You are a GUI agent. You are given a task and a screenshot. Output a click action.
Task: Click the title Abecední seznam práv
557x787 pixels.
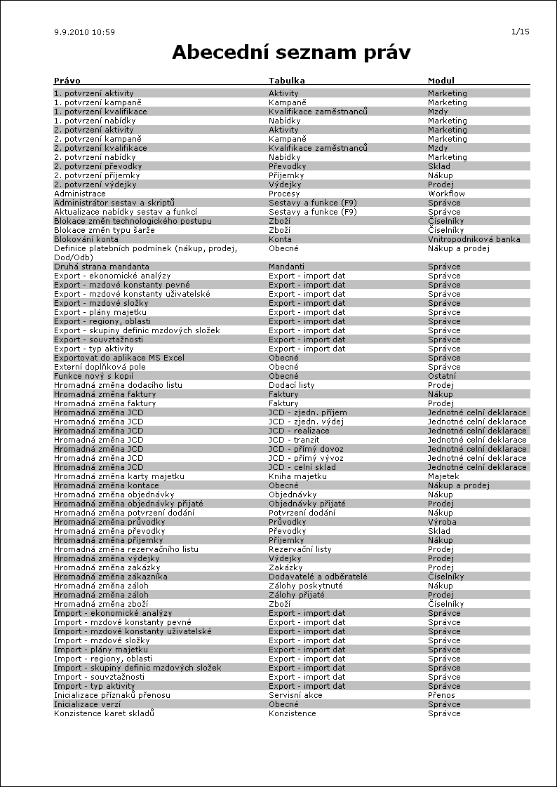(x=291, y=53)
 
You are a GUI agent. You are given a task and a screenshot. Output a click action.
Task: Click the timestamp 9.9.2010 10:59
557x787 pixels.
(x=84, y=32)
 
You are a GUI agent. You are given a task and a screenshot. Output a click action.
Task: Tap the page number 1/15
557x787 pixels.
(x=521, y=32)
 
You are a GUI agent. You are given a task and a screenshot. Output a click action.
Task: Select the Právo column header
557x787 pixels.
(x=67, y=81)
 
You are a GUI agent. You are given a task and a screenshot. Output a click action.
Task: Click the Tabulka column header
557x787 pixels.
(x=287, y=81)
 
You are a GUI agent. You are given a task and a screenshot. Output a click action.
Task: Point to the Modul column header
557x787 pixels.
(x=441, y=81)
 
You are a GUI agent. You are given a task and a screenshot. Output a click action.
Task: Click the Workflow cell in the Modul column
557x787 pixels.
(x=447, y=194)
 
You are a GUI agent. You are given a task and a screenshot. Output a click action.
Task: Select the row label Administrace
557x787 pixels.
(x=80, y=194)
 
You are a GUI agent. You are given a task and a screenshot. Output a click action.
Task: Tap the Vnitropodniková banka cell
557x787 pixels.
(x=474, y=239)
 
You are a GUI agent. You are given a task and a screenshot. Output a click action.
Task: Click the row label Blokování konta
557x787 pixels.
(x=86, y=239)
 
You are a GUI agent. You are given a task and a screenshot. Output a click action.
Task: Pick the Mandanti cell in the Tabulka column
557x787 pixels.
(x=286, y=267)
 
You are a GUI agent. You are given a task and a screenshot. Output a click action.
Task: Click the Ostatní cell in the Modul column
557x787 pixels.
(x=443, y=376)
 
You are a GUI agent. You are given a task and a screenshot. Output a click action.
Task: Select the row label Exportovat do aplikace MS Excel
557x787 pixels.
(x=119, y=358)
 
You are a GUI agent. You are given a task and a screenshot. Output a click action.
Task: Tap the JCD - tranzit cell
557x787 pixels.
(x=294, y=440)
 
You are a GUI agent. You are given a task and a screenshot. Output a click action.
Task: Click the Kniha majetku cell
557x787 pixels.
(x=297, y=476)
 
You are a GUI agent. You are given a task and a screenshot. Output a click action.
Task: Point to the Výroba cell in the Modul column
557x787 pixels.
(x=443, y=522)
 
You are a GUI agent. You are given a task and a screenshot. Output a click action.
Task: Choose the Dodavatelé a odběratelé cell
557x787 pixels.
(x=318, y=577)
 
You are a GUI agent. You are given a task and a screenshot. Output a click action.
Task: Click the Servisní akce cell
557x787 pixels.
(x=295, y=695)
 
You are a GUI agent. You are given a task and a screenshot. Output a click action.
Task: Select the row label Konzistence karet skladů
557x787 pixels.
(x=104, y=713)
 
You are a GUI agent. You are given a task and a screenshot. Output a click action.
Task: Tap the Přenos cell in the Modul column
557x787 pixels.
(x=442, y=695)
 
